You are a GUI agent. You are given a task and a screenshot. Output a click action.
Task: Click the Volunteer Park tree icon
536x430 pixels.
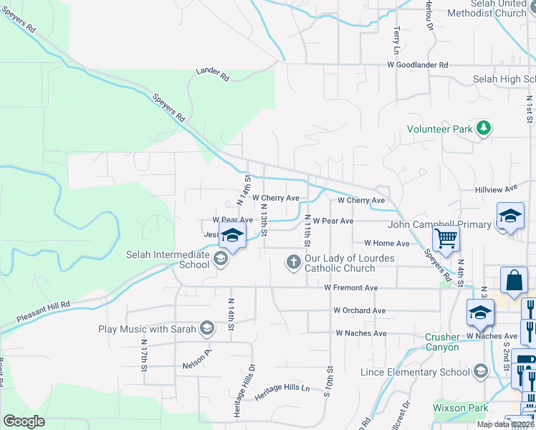click(484, 128)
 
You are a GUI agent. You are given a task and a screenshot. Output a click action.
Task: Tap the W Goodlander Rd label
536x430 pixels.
click(418, 64)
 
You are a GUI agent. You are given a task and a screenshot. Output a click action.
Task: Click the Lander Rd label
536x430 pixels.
click(213, 73)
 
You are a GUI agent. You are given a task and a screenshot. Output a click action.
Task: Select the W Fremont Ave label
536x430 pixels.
click(350, 287)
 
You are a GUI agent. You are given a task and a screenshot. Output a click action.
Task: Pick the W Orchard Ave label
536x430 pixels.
click(360, 310)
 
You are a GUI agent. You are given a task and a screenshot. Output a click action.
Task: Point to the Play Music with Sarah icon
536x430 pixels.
click(207, 329)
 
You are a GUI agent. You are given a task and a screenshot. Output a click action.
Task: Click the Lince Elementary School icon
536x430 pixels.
click(480, 371)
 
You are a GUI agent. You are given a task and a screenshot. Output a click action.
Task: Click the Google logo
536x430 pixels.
click(24, 421)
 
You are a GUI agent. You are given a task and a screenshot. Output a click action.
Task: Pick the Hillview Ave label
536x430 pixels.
click(496, 188)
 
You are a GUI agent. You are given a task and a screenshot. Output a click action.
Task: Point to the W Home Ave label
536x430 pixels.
click(386, 244)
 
